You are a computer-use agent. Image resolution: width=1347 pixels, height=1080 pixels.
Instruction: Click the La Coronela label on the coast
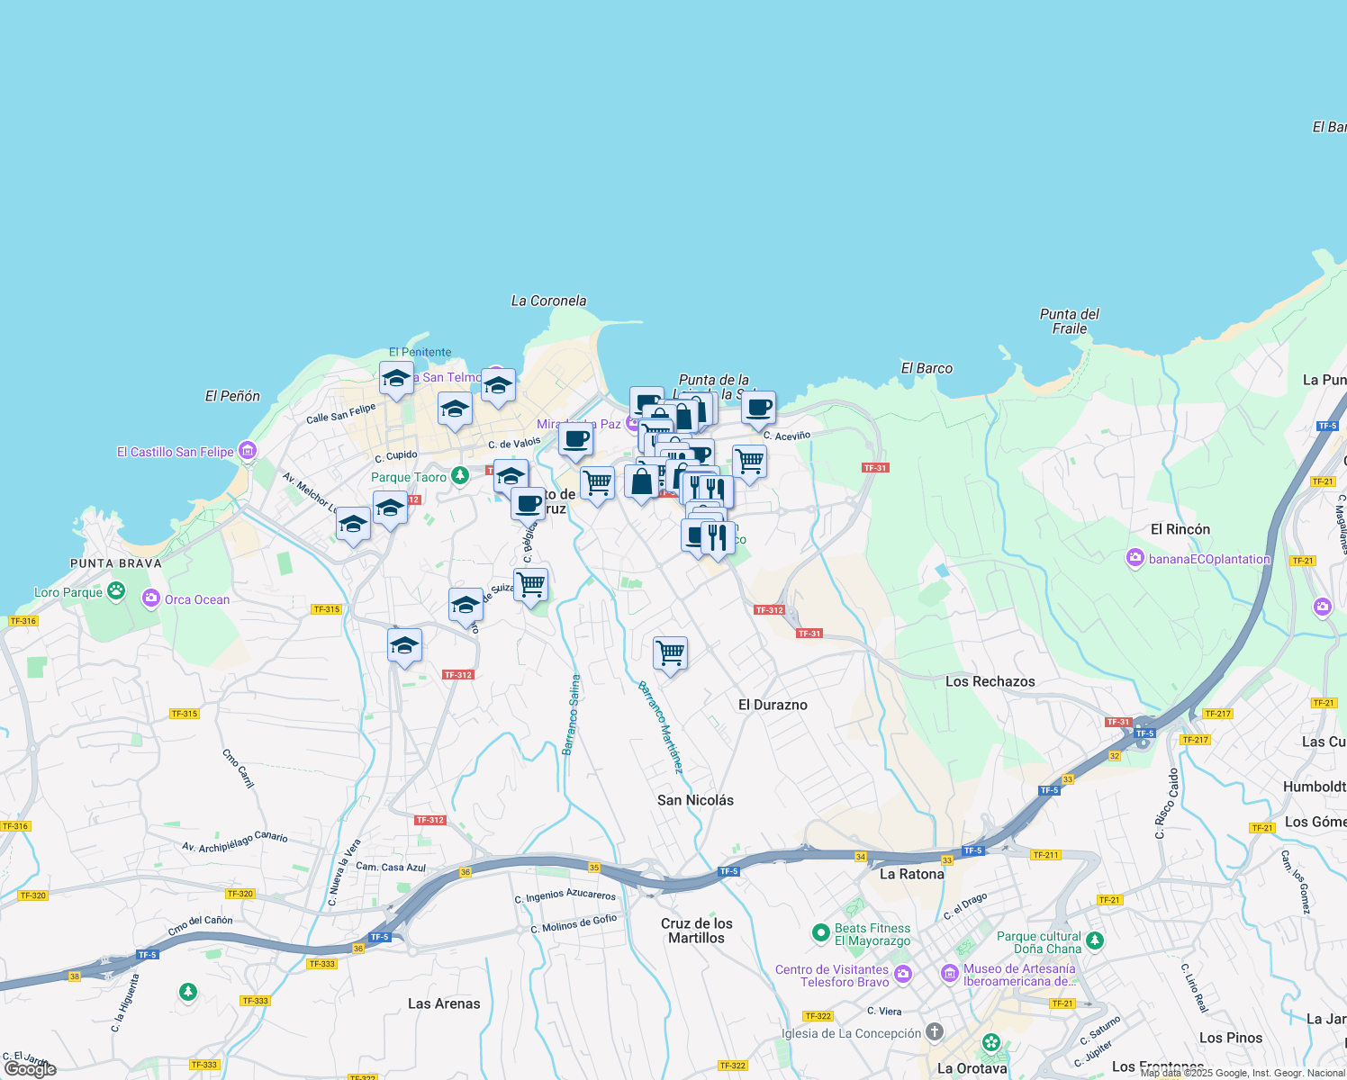click(x=548, y=301)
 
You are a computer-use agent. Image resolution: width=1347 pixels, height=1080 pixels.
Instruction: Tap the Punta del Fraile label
click(x=1069, y=321)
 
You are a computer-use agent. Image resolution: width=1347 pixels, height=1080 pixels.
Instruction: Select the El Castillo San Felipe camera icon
click(x=248, y=451)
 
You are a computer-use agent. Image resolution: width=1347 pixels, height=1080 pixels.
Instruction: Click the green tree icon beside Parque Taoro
click(x=460, y=475)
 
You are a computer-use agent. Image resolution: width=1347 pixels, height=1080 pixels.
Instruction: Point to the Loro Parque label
click(x=68, y=592)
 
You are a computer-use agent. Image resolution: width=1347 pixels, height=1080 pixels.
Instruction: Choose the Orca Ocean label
click(x=196, y=599)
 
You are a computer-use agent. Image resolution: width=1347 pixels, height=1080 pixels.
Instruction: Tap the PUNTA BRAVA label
click(x=116, y=563)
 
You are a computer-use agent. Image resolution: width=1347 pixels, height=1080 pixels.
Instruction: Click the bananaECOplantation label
click(x=1209, y=559)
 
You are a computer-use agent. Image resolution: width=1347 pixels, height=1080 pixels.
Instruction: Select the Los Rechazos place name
click(x=990, y=681)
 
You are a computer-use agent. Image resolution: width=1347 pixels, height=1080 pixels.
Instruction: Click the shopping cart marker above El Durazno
click(x=670, y=652)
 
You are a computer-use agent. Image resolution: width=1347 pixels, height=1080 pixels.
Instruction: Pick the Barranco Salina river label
click(x=572, y=715)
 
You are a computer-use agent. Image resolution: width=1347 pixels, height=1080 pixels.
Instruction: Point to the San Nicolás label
click(x=695, y=800)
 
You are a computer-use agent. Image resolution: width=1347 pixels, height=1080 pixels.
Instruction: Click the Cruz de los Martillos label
click(x=696, y=931)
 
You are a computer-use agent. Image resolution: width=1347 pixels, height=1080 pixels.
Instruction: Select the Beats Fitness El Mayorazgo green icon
click(x=820, y=932)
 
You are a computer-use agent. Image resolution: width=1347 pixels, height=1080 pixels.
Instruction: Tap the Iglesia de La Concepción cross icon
click(x=935, y=1031)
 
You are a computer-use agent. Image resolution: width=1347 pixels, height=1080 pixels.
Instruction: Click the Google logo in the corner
click(x=30, y=1068)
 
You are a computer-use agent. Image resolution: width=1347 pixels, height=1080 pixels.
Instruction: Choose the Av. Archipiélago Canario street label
click(x=234, y=842)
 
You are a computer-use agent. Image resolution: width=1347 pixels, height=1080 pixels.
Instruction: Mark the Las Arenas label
click(x=444, y=1003)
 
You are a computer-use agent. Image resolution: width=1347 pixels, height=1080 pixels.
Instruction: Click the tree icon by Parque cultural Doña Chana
click(x=1094, y=940)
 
